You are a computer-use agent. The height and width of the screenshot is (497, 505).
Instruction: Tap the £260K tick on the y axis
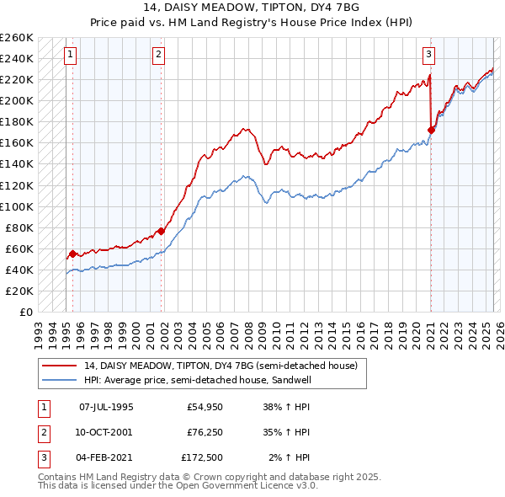tap(17, 38)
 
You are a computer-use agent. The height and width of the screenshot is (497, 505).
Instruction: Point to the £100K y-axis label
tap(17, 206)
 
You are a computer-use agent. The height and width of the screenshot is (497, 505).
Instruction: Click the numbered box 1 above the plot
tap(70, 56)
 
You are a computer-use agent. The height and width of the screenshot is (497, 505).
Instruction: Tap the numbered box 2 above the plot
tap(158, 56)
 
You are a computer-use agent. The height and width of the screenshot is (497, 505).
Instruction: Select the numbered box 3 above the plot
tap(428, 56)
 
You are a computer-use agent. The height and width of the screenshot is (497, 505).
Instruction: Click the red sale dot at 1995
tap(72, 254)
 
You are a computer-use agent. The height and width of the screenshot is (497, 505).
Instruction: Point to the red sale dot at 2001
tap(162, 230)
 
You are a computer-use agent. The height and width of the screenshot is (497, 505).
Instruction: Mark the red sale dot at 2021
tap(431, 130)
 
